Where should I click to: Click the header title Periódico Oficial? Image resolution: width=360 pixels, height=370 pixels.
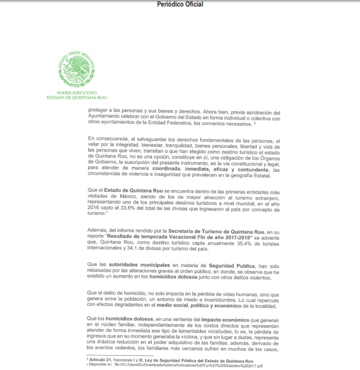180,4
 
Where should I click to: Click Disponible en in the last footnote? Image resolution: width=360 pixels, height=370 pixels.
99,364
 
